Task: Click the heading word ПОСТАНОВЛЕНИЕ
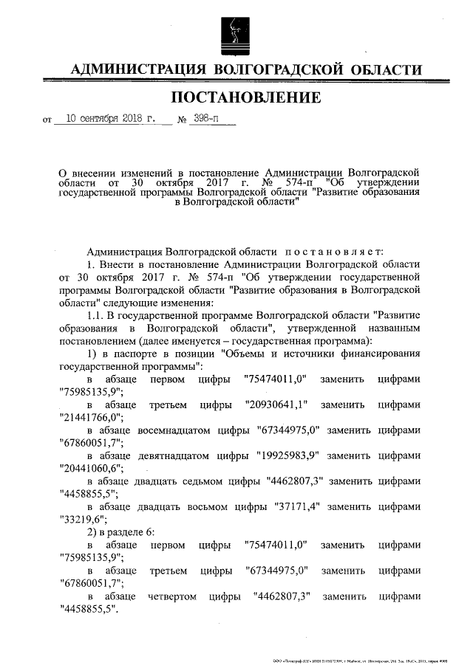click(x=246, y=97)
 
